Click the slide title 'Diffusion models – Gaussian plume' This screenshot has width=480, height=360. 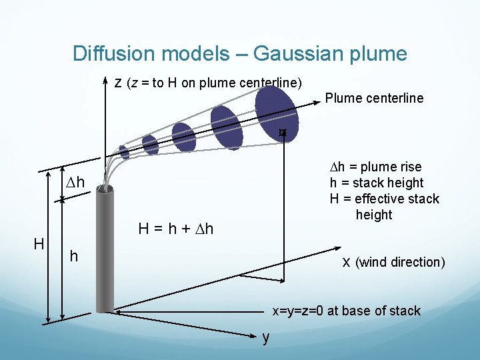[239, 53]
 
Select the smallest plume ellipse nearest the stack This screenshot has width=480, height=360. [124, 153]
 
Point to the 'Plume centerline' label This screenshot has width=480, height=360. [374, 98]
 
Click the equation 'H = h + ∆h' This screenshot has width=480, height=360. [175, 229]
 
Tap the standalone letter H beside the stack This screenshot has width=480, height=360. [39, 244]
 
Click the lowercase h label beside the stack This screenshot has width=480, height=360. [74, 257]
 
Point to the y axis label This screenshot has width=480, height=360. [266, 337]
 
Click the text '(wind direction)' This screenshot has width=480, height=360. [401, 262]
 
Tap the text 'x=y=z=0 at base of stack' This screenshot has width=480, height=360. [345, 311]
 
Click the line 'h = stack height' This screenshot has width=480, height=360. [377, 183]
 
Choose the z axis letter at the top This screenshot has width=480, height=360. [117, 83]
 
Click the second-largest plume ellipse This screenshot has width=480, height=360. [227, 127]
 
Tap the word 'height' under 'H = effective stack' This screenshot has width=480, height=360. [374, 215]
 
